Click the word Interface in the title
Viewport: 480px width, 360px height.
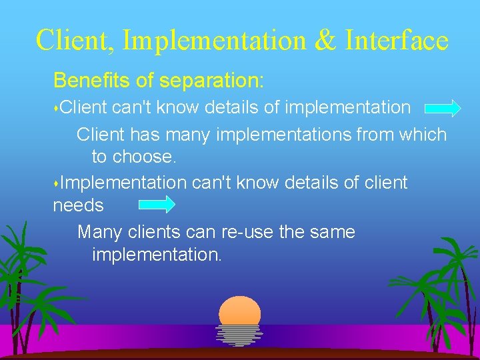tap(397, 40)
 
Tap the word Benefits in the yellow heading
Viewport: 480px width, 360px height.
tap(93, 81)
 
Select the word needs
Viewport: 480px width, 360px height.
tap(78, 205)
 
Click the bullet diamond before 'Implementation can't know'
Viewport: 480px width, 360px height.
tap(56, 183)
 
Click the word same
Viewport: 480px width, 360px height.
tap(331, 233)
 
